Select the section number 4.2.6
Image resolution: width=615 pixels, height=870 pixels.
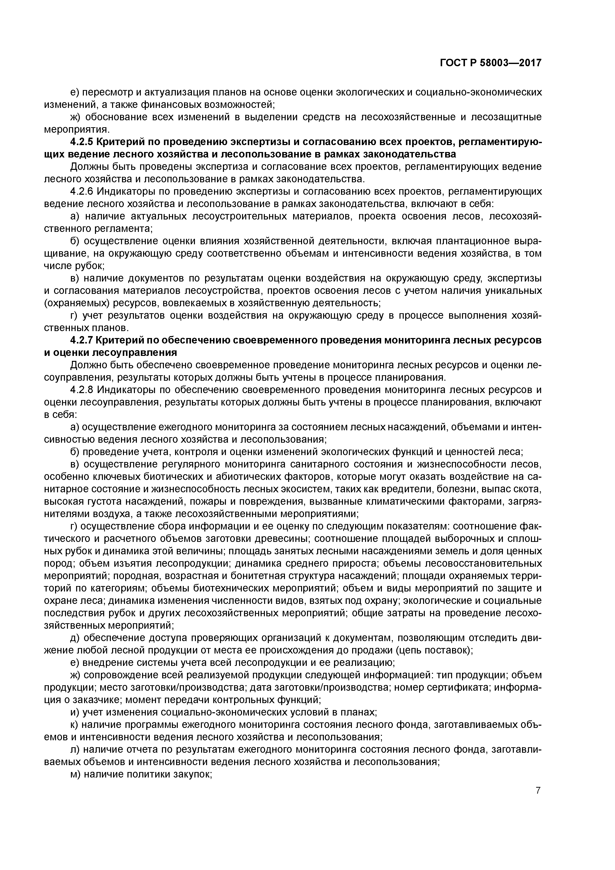pos(80,191)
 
